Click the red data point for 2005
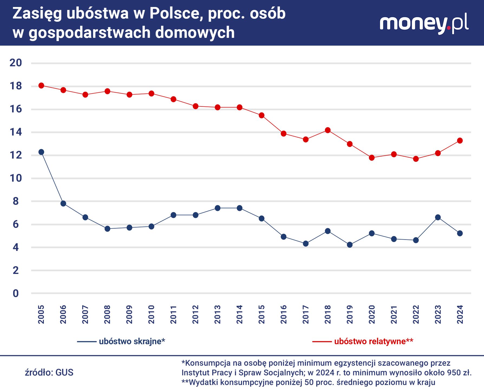tap(41, 86)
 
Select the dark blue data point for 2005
tap(41, 152)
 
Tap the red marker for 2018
tap(328, 130)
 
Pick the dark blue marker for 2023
tap(438, 217)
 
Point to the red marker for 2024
tap(460, 141)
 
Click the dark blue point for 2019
tap(350, 245)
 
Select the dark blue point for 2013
tap(217, 208)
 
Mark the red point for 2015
tap(261, 115)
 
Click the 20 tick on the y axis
tap(16, 63)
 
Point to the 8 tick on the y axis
tap(16, 201)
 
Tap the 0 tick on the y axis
tap(16, 293)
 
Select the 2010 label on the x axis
tap(151, 314)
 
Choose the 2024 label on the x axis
tap(460, 314)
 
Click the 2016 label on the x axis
tap(283, 314)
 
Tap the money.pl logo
tap(424, 24)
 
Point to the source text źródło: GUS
tap(49, 373)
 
